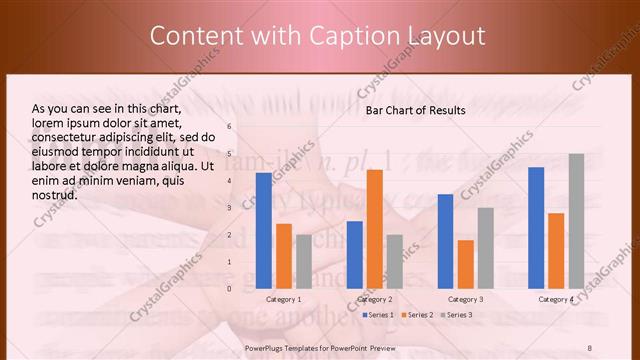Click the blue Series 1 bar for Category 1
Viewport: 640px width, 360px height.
[263, 230]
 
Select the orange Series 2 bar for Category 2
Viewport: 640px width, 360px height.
[375, 229]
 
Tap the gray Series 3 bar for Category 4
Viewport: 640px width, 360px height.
[576, 221]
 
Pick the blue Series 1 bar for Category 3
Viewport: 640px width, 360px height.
[445, 241]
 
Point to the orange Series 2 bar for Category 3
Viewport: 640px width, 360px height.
[465, 264]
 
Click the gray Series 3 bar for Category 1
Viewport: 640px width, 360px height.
[303, 261]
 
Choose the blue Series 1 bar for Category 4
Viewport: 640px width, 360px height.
[536, 227]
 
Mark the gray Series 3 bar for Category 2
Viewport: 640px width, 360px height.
[395, 261]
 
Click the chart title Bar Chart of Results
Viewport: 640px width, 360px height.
[415, 109]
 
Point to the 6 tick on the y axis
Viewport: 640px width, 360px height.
[229, 126]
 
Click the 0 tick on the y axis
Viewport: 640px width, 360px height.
[229, 288]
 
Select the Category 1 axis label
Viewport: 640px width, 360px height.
[283, 299]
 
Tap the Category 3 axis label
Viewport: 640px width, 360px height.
[465, 299]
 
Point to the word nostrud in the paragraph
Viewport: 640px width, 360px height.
[55, 195]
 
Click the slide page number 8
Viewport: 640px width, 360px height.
[589, 346]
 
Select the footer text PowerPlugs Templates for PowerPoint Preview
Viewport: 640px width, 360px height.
[319, 346]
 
